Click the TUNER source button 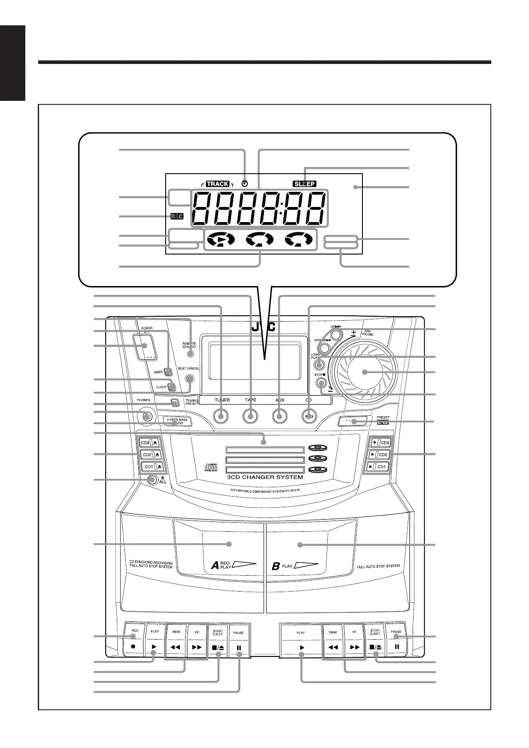221,416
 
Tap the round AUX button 279,416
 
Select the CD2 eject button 151,454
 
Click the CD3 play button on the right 377,442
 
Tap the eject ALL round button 152,480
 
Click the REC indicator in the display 177,216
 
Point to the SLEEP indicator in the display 305,183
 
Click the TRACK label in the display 218,183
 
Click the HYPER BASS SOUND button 177,421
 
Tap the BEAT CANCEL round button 190,378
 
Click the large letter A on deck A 215,565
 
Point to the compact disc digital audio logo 210,467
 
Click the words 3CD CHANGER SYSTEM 265,477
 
